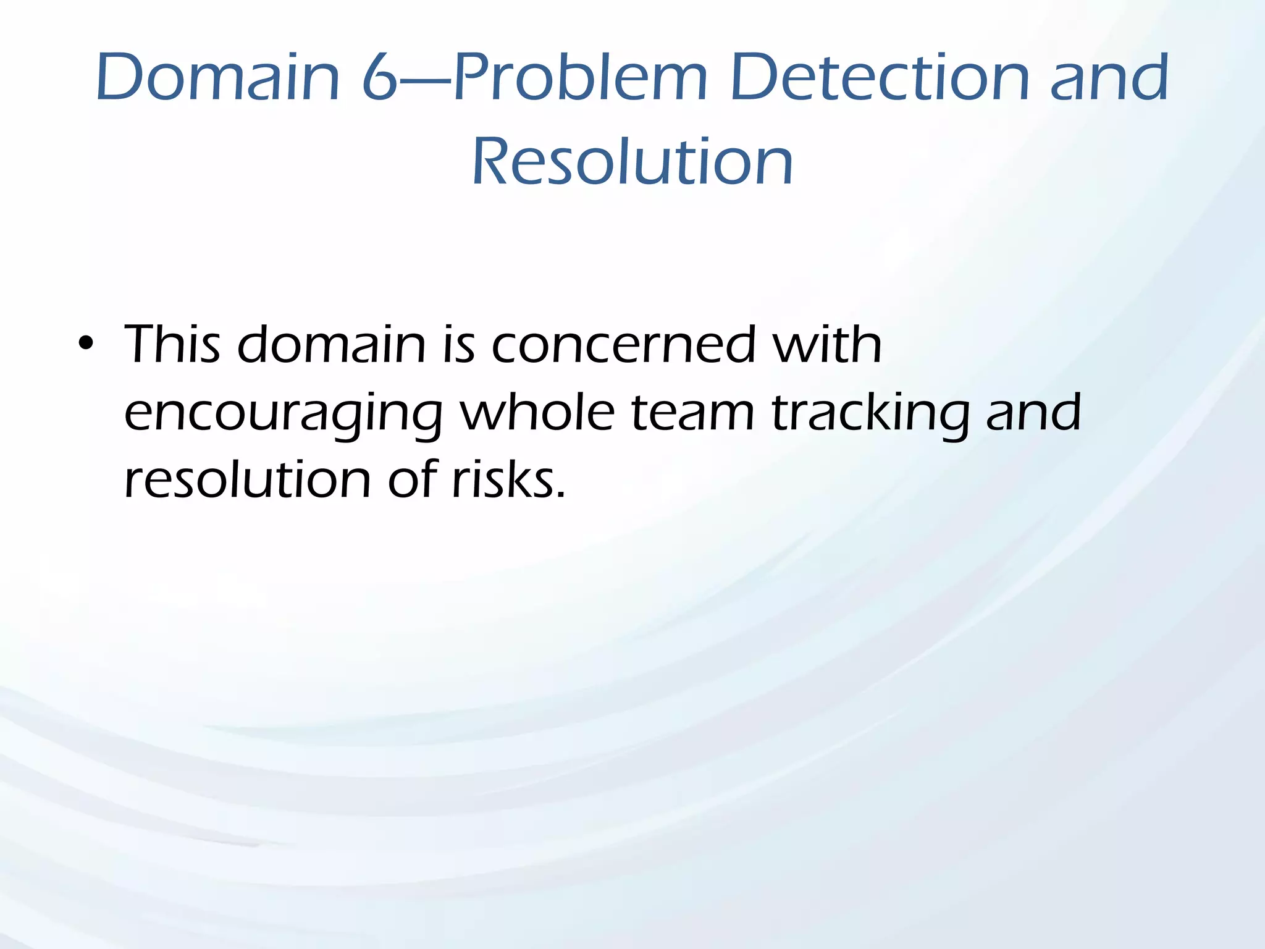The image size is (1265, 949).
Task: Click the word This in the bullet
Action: point(172,344)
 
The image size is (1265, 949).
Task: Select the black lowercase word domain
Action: point(332,344)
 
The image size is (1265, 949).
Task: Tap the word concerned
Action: point(623,344)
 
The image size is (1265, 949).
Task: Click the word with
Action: point(827,344)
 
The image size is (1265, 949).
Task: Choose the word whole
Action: point(537,412)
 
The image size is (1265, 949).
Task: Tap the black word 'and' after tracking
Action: point(1033,412)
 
